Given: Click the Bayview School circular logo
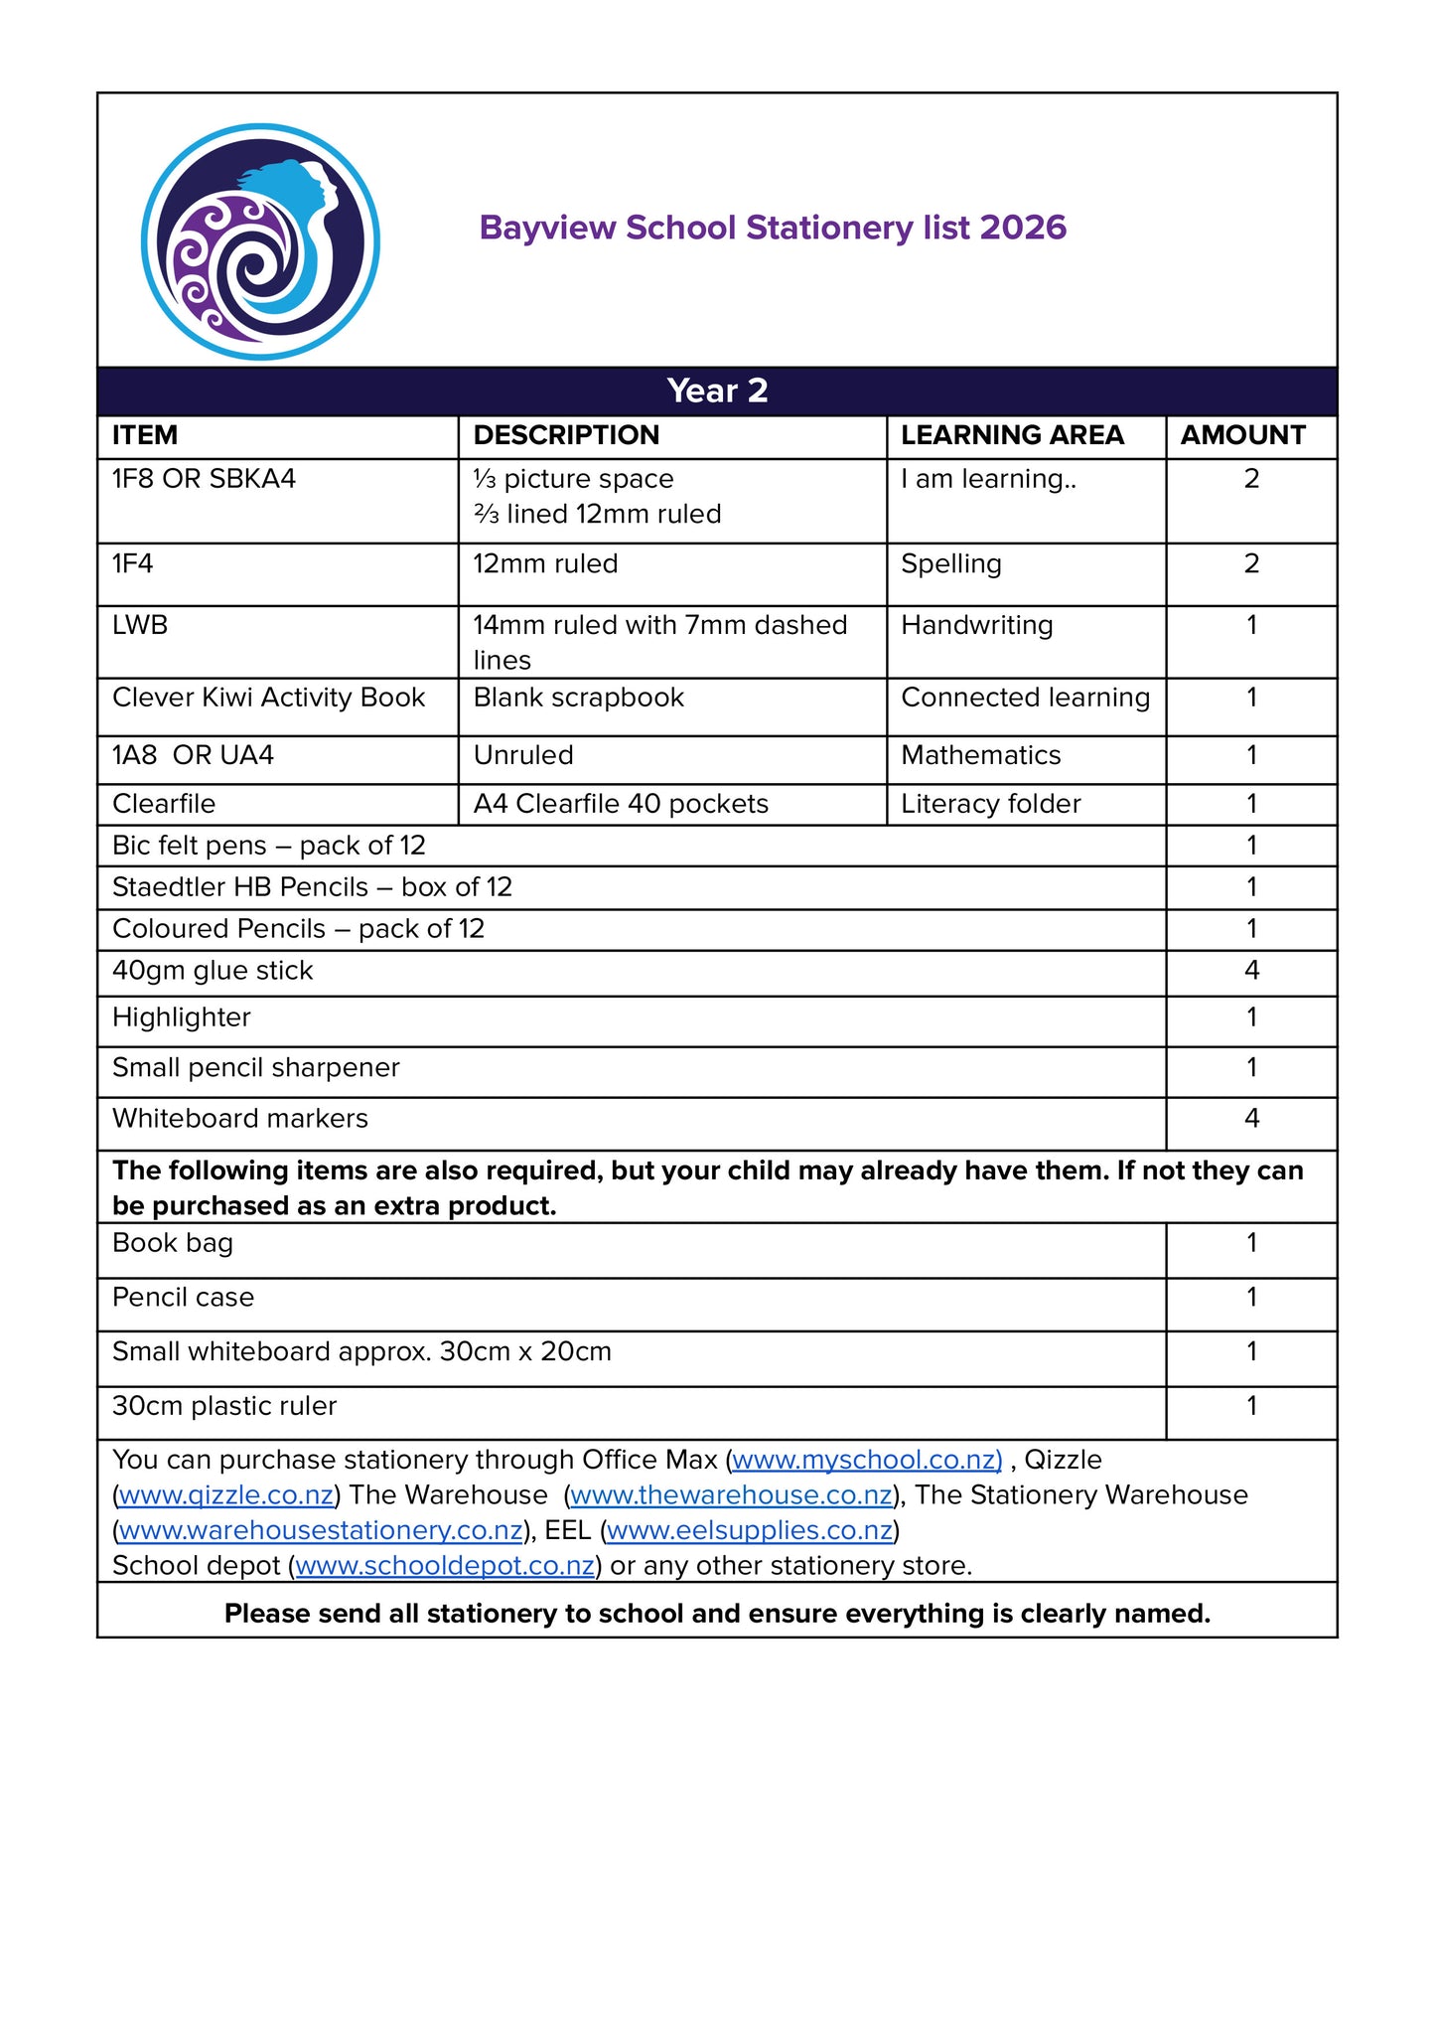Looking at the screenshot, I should click(260, 241).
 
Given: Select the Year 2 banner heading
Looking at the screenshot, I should click(717, 390).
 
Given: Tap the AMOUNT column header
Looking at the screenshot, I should click(1242, 435).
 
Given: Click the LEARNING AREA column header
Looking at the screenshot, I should click(1012, 435).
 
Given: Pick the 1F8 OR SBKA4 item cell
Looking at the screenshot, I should click(204, 479).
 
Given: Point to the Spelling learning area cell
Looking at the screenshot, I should click(950, 563).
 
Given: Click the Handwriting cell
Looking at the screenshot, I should click(976, 625).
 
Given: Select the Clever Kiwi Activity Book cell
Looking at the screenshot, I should click(268, 698).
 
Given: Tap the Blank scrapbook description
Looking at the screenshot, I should click(578, 698).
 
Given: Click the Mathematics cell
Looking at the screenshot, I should click(980, 755).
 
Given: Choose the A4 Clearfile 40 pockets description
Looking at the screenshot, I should click(621, 804).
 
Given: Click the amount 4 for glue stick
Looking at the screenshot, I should click(1251, 971).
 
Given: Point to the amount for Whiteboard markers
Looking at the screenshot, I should click(1251, 1119).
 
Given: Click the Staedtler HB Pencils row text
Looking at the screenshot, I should click(312, 887).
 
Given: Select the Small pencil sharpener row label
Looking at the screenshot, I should click(255, 1068).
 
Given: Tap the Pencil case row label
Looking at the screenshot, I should click(183, 1298).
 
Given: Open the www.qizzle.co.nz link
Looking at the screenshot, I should click(225, 1495).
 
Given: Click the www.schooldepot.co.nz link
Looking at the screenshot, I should click(445, 1566).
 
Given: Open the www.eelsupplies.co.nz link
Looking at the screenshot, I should click(750, 1531).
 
